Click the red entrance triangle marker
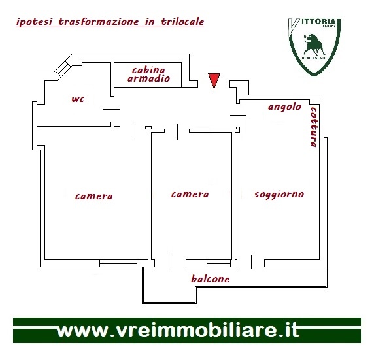pyautogui.click(x=214, y=80)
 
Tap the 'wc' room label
pyautogui.click(x=78, y=99)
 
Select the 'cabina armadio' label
pyautogui.click(x=149, y=74)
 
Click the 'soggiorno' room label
pyautogui.click(x=279, y=195)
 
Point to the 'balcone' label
pyautogui.click(x=211, y=278)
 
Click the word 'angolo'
pyautogui.click(x=284, y=107)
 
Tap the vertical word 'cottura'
pyautogui.click(x=314, y=127)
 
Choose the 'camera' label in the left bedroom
pyautogui.click(x=94, y=197)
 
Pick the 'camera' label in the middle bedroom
pyautogui.click(x=190, y=195)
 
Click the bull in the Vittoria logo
pyautogui.click(x=314, y=44)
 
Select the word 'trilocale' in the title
pyautogui.click(x=182, y=22)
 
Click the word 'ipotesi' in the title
pyautogui.click(x=34, y=22)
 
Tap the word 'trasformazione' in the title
pyautogui.click(x=99, y=22)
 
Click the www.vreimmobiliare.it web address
pyautogui.click(x=178, y=331)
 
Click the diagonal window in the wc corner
pyautogui.click(x=63, y=68)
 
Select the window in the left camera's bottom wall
pyautogui.click(x=118, y=263)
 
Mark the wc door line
pyautogui.click(x=112, y=109)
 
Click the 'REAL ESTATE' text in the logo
pyautogui.click(x=314, y=58)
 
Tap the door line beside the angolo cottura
pyautogui.click(x=238, y=115)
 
